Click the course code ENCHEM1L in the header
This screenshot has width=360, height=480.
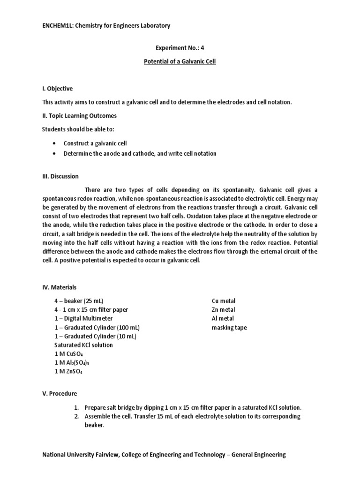tap(58, 26)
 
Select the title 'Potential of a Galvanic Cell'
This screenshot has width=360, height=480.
tap(180, 61)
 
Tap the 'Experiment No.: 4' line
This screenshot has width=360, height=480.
tap(180, 48)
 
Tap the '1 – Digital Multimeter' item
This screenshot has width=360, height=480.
tap(84, 318)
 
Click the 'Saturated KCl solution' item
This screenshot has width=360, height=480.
tap(84, 345)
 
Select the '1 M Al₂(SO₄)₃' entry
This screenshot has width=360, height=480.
tap(72, 363)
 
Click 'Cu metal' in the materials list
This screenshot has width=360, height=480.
tap(224, 301)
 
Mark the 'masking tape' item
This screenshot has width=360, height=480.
tap(229, 327)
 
